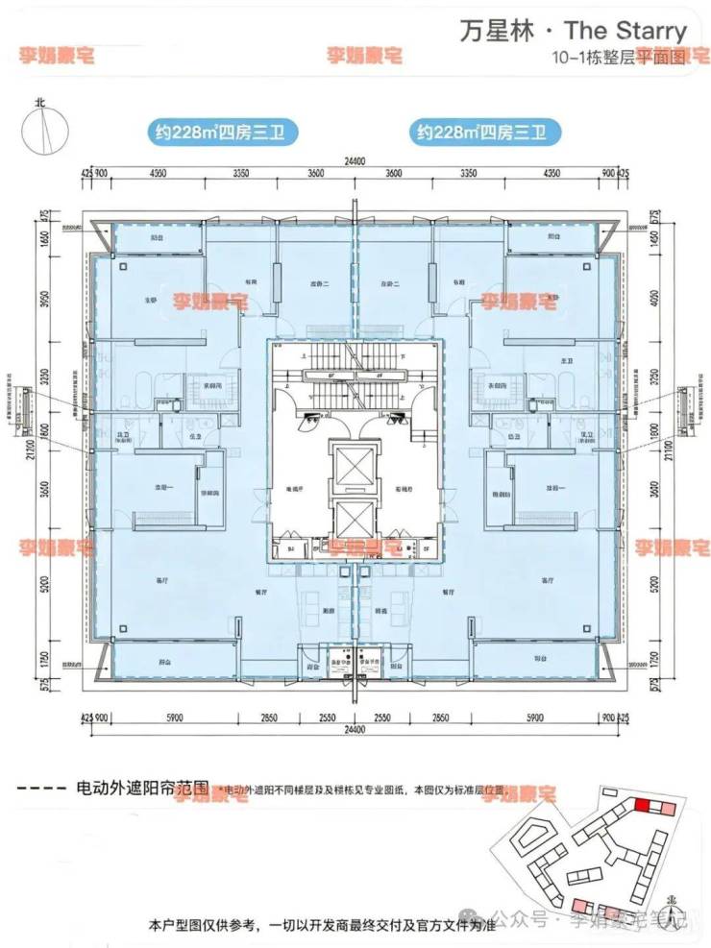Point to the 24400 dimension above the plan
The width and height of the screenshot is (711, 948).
point(355,162)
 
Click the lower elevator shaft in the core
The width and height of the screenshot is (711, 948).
point(355,518)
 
